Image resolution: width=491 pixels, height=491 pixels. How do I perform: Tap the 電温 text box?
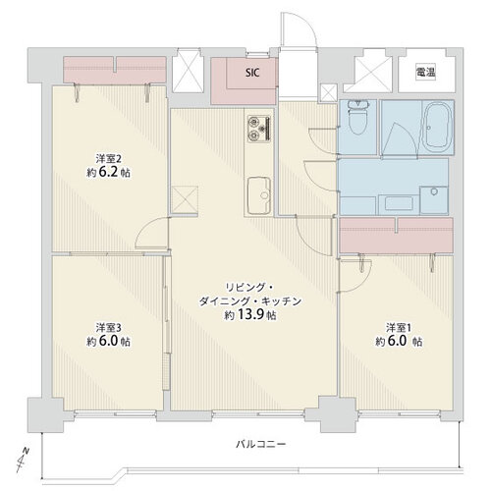pyautogui.click(x=425, y=72)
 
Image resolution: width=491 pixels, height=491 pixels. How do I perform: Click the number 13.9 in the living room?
pyautogui.click(x=253, y=316)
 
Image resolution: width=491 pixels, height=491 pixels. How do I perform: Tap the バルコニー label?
pyautogui.click(x=261, y=444)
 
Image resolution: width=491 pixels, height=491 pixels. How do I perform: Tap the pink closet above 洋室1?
pyautogui.click(x=396, y=236)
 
